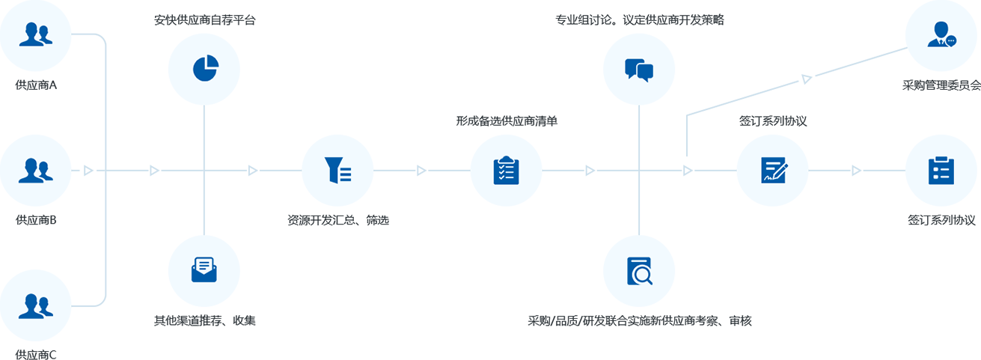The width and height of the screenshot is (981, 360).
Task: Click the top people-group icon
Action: pyautogui.click(x=35, y=35)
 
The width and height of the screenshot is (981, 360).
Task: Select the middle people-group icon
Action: pyautogui.click(x=35, y=171)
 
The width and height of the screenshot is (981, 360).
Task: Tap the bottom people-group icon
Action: pyautogui.click(x=35, y=306)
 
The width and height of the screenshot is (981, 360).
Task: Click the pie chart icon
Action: pyautogui.click(x=205, y=67)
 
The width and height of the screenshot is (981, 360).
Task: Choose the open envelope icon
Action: pyautogui.click(x=204, y=269)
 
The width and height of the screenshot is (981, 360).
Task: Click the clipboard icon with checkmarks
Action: pyautogui.click(x=507, y=170)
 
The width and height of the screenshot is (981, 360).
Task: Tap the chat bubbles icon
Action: pyautogui.click(x=639, y=70)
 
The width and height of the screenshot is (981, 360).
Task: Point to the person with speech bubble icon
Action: pyautogui.click(x=941, y=35)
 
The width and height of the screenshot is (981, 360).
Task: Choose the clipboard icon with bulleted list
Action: pyautogui.click(x=941, y=170)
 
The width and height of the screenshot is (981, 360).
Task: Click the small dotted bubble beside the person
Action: pyautogui.click(x=950, y=40)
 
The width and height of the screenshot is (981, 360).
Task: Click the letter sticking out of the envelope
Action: pyautogui.click(x=204, y=263)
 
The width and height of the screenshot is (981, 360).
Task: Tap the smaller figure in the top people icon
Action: pyautogui.click(x=46, y=35)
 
